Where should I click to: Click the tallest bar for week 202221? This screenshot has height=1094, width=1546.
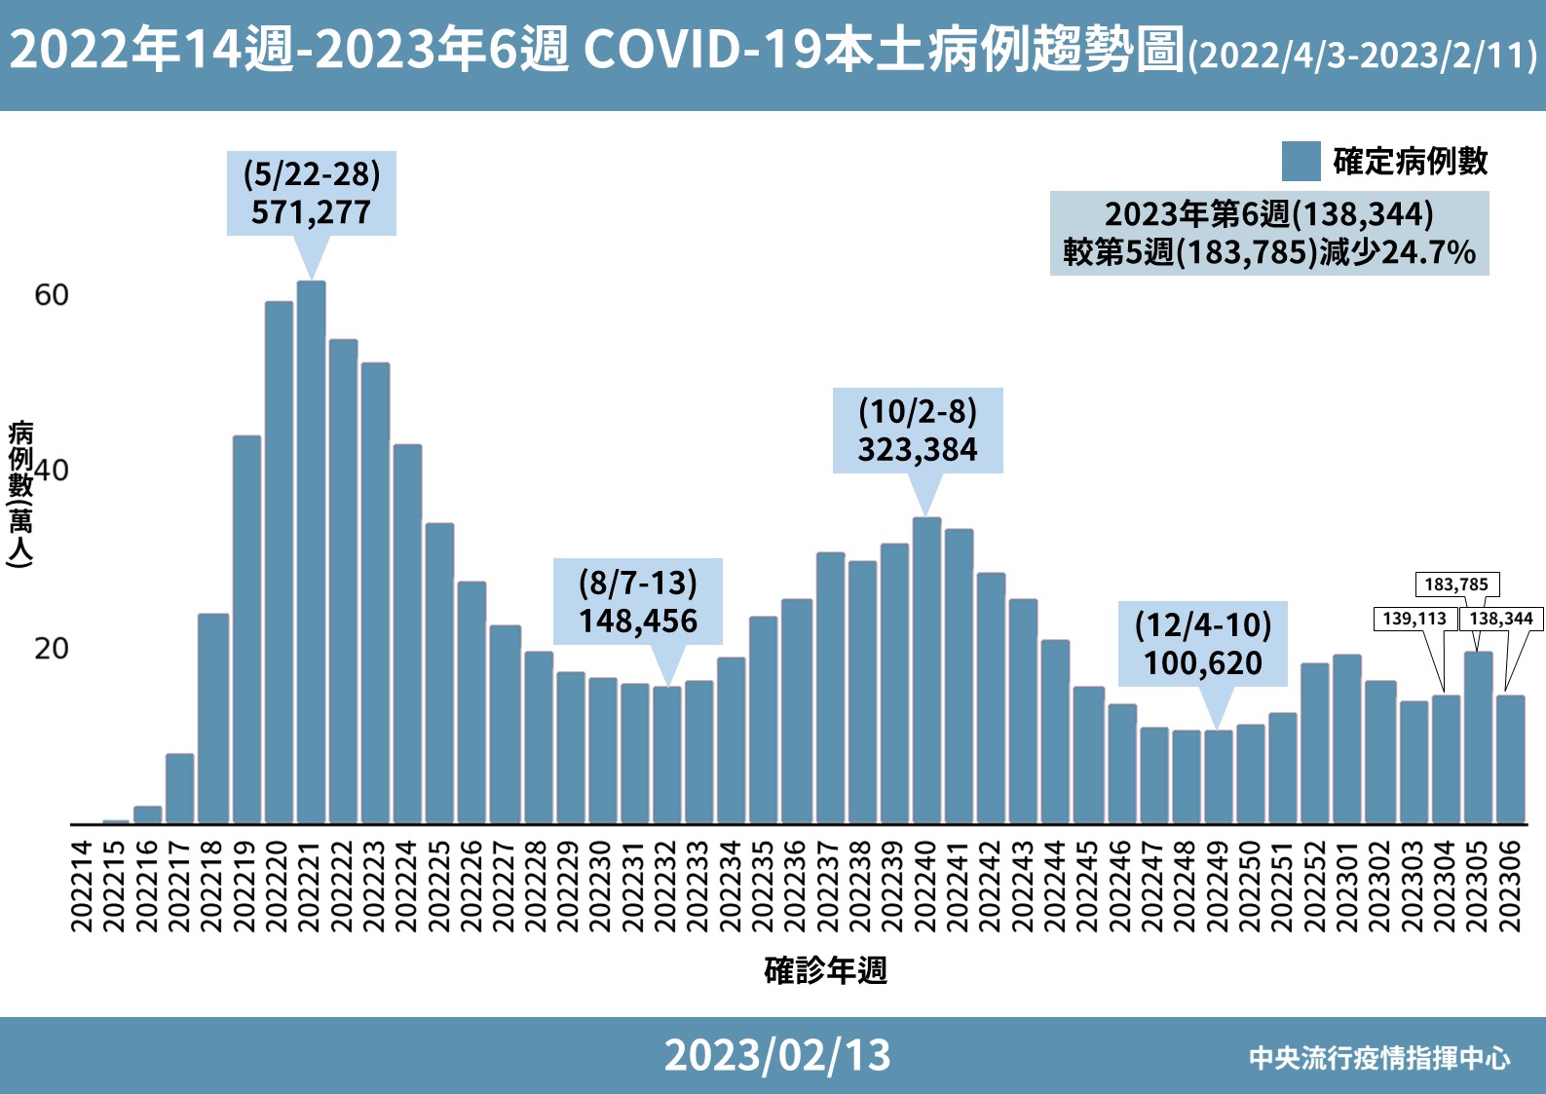coord(312,551)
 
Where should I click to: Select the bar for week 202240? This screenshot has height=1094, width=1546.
coord(926,670)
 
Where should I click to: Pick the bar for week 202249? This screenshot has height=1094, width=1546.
coord(1218,776)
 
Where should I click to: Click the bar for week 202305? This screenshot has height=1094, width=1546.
coord(1479,737)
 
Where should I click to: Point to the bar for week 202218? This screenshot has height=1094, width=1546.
coord(213,719)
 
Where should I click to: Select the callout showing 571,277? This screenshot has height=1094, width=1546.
coord(312,193)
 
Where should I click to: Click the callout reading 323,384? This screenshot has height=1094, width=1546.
coord(918,431)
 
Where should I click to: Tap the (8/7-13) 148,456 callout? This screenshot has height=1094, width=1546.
coord(638,601)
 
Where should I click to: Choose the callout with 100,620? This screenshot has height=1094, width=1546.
coord(1203,643)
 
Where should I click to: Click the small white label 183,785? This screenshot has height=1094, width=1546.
coord(1457,584)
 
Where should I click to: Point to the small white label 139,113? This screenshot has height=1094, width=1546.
coord(1414,619)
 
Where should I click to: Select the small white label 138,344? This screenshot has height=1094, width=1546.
coord(1501,619)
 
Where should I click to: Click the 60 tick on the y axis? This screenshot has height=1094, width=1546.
coord(52,295)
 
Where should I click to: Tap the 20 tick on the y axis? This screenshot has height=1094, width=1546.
coord(52,649)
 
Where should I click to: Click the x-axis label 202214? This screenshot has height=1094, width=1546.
coord(82,887)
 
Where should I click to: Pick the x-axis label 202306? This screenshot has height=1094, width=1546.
coord(1510,887)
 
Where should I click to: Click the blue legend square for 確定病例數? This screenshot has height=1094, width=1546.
coord(1301,162)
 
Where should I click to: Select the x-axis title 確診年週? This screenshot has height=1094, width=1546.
coord(825,970)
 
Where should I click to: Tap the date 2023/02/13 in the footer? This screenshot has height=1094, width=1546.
coord(777,1055)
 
